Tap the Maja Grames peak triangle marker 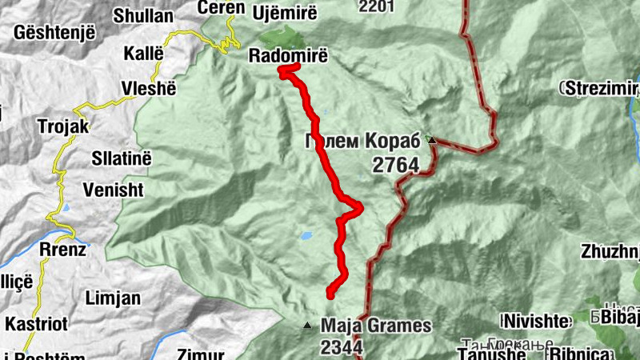pyautogui.click(x=306, y=326)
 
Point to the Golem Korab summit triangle pyautogui.click(x=432, y=141)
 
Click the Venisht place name pyautogui.click(x=113, y=190)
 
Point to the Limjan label pyautogui.click(x=112, y=298)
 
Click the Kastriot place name pyautogui.click(x=36, y=324)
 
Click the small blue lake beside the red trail pyautogui.click(x=306, y=236)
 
